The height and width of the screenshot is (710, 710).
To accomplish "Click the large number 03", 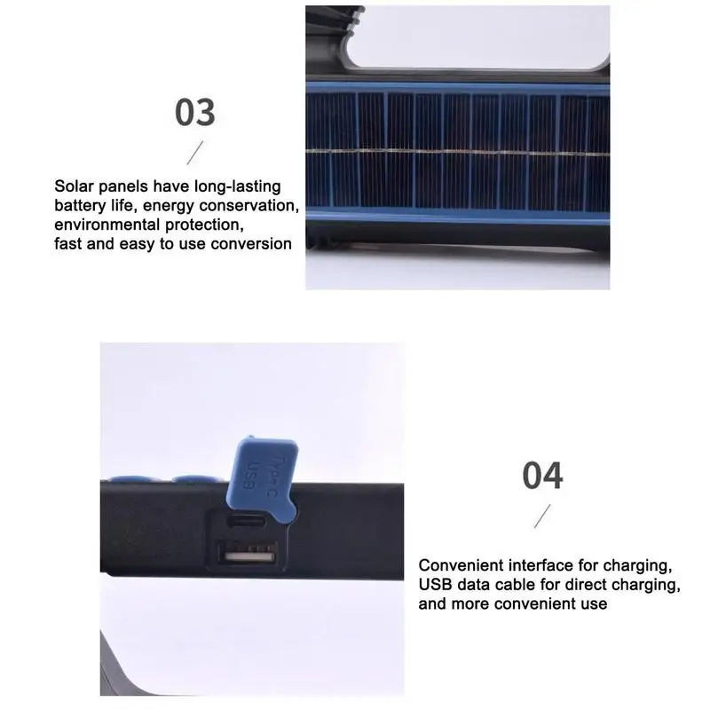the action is [194, 112].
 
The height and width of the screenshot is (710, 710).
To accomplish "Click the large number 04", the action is [542, 475].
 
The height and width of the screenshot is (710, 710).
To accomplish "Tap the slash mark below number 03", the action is [195, 153].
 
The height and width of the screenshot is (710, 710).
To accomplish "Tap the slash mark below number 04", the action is [542, 516].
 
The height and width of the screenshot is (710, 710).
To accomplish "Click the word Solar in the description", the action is [74, 186].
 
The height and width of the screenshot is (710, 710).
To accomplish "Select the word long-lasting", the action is [237, 186].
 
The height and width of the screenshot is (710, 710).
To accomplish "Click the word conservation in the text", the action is [248, 206].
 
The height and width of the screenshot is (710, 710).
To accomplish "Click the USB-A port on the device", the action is [247, 553].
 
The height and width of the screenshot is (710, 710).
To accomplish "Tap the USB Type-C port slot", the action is [247, 521].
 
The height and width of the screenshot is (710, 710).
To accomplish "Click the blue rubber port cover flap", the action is [263, 474].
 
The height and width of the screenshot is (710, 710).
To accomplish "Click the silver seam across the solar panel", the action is [458, 151].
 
